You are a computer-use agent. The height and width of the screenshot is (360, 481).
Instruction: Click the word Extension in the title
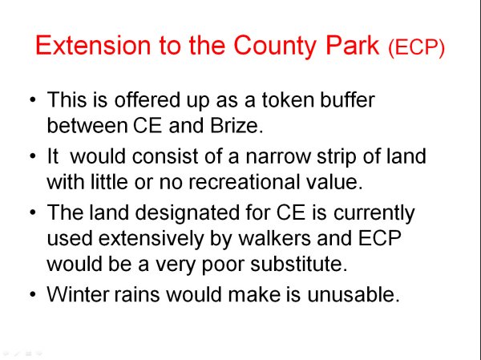coord(93,45)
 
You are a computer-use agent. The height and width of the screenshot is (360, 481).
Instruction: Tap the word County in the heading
coord(275,47)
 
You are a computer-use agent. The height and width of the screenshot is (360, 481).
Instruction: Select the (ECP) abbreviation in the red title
coord(416,47)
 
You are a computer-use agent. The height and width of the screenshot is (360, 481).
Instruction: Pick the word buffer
coord(347,99)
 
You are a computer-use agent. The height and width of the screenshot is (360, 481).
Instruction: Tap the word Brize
coord(236,126)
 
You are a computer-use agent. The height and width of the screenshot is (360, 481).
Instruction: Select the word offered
coord(147,99)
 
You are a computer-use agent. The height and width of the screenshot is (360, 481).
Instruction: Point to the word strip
coord(336,157)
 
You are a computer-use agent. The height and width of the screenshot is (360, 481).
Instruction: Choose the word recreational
coord(244,182)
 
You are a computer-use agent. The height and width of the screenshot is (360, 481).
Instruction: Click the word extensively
coord(151,239)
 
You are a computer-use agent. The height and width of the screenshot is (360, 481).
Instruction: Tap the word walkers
coord(274,238)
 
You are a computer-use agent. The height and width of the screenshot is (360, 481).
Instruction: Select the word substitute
coord(299,264)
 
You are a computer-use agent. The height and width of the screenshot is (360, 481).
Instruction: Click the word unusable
coord(354,294)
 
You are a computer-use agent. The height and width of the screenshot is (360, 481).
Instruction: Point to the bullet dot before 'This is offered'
coord(33,99)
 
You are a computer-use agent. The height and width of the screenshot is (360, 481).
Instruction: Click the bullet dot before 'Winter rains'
coord(33,294)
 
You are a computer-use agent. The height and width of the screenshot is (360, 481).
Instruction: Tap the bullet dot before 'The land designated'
coord(33,212)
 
